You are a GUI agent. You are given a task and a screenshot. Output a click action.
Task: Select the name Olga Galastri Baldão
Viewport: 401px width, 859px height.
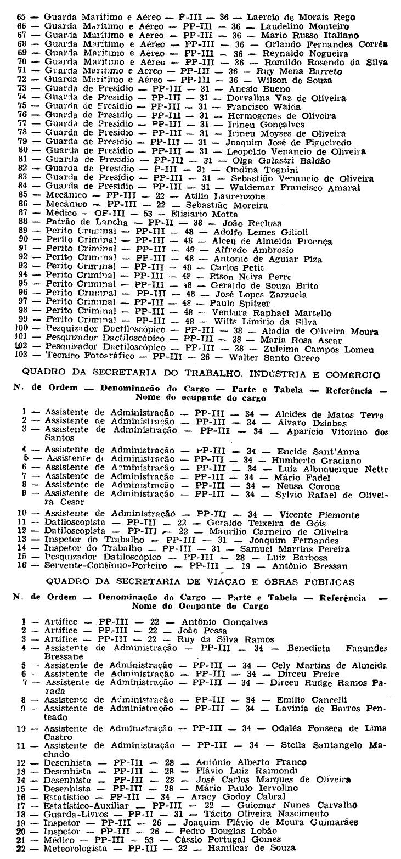tap(281, 161)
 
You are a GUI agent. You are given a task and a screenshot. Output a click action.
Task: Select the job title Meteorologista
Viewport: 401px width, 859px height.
tap(74, 849)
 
